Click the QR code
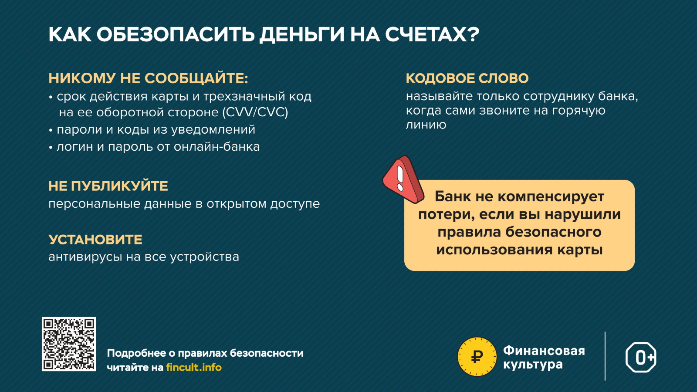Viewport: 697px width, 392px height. [x=69, y=344]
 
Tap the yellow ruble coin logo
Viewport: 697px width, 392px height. [x=477, y=357]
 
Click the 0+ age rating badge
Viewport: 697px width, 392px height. [x=641, y=357]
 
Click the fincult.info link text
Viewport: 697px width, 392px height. [x=194, y=368]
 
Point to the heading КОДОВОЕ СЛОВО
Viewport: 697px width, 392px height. [x=467, y=78]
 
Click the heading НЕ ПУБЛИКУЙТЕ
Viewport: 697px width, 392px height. [x=108, y=186]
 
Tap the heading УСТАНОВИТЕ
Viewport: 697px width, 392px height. [x=95, y=240]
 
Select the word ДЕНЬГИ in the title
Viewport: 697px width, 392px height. [x=302, y=34]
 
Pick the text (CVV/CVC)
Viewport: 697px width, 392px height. [x=255, y=112]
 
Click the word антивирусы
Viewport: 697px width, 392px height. [x=85, y=257]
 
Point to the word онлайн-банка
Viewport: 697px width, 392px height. [x=217, y=146]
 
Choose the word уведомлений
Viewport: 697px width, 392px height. [x=213, y=130]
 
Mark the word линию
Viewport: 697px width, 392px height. [x=426, y=125]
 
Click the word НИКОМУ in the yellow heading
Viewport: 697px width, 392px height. [x=82, y=78]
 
